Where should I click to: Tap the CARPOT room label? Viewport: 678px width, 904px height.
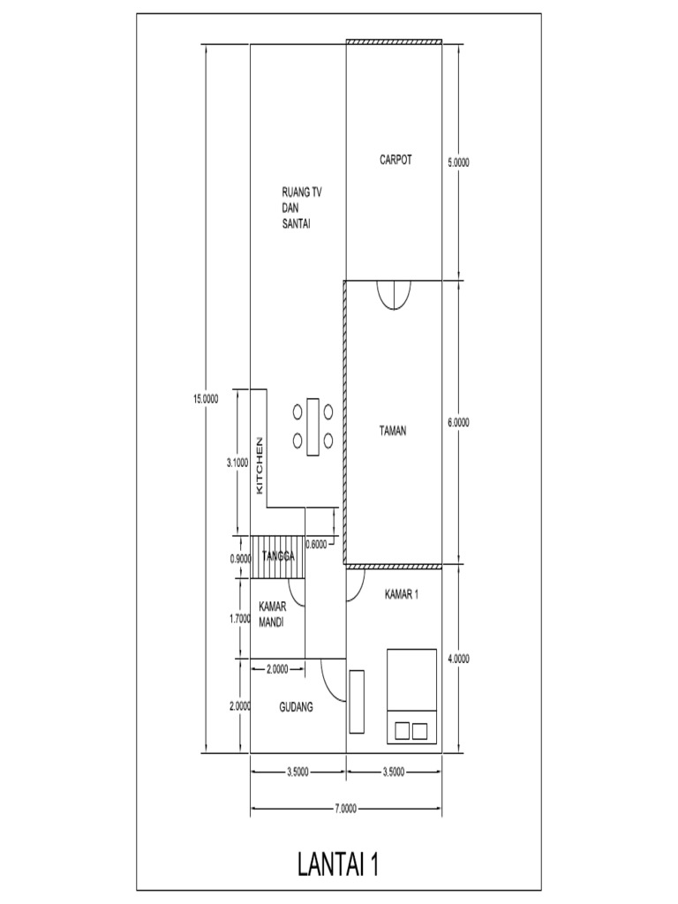click(395, 161)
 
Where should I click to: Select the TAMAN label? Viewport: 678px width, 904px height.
click(393, 431)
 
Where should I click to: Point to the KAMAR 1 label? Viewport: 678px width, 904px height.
click(401, 595)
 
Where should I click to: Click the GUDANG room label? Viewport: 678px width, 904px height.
click(298, 707)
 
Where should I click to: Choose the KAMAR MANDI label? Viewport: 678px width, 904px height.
click(275, 614)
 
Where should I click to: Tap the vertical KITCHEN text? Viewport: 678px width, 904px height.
click(260, 465)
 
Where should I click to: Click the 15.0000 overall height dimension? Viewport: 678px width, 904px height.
click(206, 398)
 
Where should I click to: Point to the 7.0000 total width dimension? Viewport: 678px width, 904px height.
click(346, 808)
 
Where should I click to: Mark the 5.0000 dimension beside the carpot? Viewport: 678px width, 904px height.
click(459, 162)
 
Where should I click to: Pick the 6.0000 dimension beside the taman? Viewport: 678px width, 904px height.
click(459, 423)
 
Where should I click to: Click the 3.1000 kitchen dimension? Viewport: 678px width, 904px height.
click(237, 462)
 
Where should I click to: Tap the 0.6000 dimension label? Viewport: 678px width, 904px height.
click(316, 545)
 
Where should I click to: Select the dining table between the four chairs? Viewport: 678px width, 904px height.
click(313, 426)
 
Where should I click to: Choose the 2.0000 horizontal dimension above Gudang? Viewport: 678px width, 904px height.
click(276, 669)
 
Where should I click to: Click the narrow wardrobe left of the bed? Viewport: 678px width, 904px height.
click(357, 702)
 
